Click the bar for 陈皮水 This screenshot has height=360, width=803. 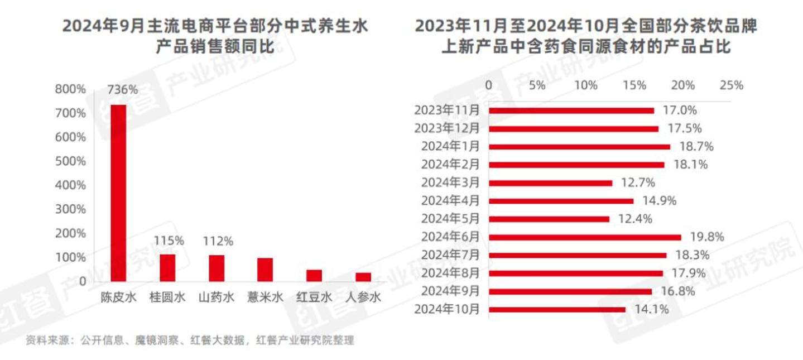point(118,193)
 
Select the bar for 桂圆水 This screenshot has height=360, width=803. point(167,268)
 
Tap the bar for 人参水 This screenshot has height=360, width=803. point(363,277)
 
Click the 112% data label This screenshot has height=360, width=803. point(218,242)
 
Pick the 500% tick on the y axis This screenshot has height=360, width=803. point(70,161)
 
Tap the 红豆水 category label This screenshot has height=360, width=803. point(314,297)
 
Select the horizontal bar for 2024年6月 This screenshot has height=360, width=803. point(585,237)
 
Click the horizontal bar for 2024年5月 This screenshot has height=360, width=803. point(549,219)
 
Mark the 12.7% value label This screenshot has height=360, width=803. point(637,183)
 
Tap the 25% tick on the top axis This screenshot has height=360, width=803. point(732,85)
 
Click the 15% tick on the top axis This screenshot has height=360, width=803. point(634,85)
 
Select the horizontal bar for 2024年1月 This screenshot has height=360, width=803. point(579,147)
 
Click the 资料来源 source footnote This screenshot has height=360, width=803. point(190,340)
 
